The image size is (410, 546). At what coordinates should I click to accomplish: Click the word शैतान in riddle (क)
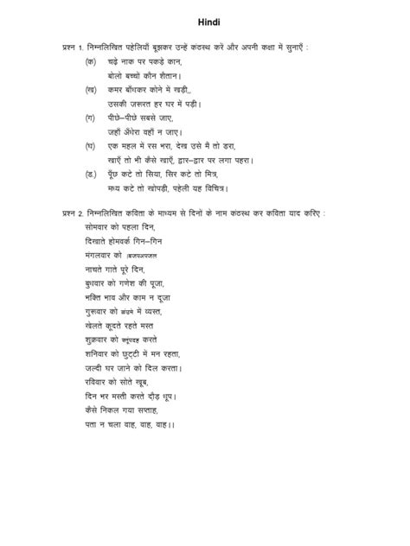point(169,76)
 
